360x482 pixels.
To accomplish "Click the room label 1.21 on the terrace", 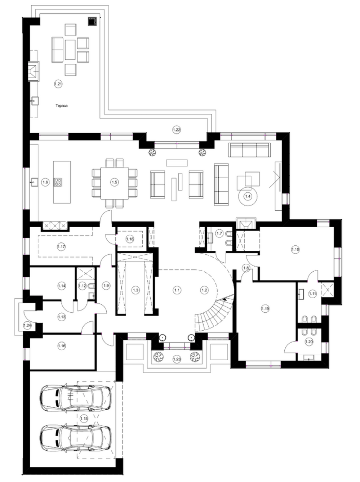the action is point(58,84).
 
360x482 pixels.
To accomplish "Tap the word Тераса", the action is point(62,106).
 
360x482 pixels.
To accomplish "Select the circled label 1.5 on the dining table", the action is point(115,182).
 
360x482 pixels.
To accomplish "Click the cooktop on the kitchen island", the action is point(58,182).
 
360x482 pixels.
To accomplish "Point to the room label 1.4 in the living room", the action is point(248,196).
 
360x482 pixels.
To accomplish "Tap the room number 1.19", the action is point(265,308).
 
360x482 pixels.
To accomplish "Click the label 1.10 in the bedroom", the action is point(295,249).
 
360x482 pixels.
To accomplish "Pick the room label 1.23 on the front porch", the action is point(177,359).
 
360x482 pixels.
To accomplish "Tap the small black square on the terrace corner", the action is point(93,22).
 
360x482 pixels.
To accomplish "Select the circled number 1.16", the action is point(62,346).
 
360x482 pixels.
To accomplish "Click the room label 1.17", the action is point(62,247).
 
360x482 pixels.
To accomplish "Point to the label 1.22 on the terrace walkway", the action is point(177,130).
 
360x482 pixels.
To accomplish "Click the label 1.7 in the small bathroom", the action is point(219,233).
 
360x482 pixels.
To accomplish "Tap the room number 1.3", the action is point(136,290).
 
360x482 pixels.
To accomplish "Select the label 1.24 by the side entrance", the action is point(27,325).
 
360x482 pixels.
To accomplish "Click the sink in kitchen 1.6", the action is point(34,182).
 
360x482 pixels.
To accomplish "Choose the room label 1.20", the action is point(309,342).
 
